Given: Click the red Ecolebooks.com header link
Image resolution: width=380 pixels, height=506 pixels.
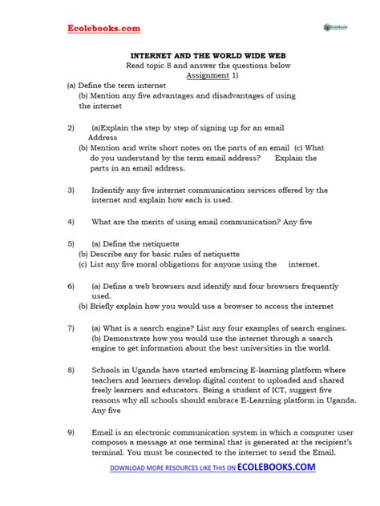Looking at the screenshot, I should [x=103, y=29].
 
